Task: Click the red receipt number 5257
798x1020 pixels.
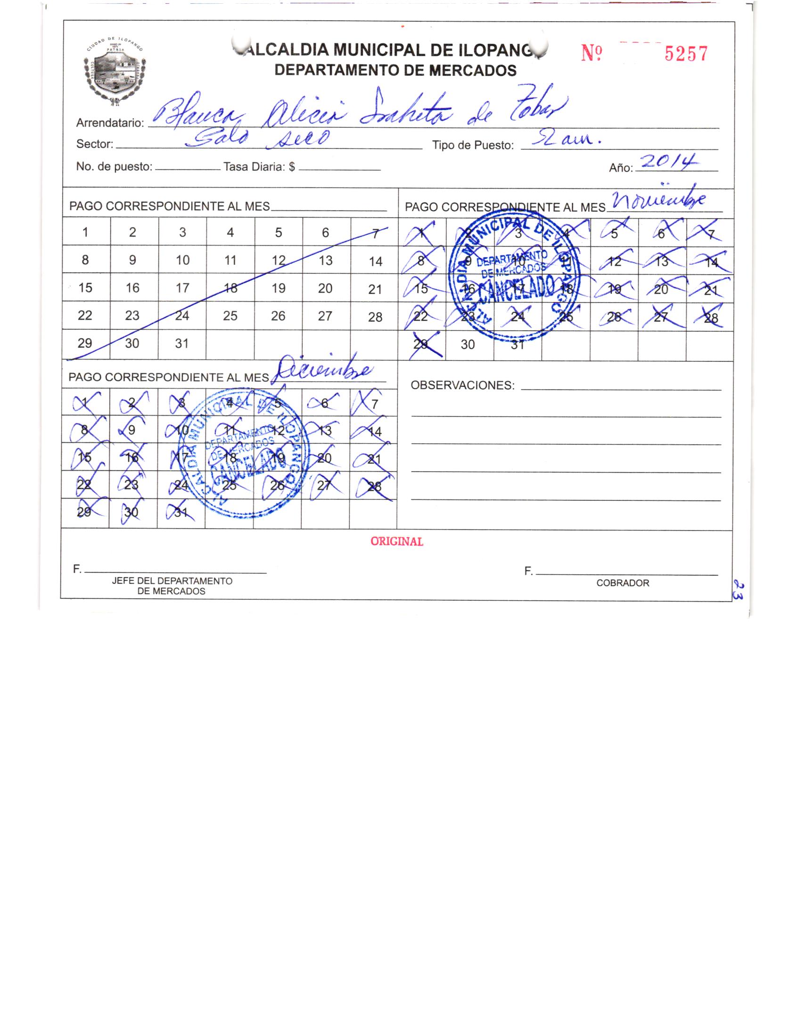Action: click(686, 55)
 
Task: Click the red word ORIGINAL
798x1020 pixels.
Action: click(396, 542)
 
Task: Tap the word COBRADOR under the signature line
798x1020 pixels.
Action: click(622, 583)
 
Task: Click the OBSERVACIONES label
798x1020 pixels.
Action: click(462, 385)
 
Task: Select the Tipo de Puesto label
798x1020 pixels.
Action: click(473, 146)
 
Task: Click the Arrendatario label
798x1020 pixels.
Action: click(110, 123)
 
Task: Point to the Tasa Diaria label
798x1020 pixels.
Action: click(259, 167)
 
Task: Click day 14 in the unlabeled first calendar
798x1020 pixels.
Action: click(375, 261)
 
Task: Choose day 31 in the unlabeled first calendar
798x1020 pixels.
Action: click(182, 343)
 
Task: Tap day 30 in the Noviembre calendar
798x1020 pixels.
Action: click(468, 344)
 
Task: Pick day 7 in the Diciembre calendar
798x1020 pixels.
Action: click(375, 404)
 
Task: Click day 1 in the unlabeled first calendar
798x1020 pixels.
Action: click(85, 232)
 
